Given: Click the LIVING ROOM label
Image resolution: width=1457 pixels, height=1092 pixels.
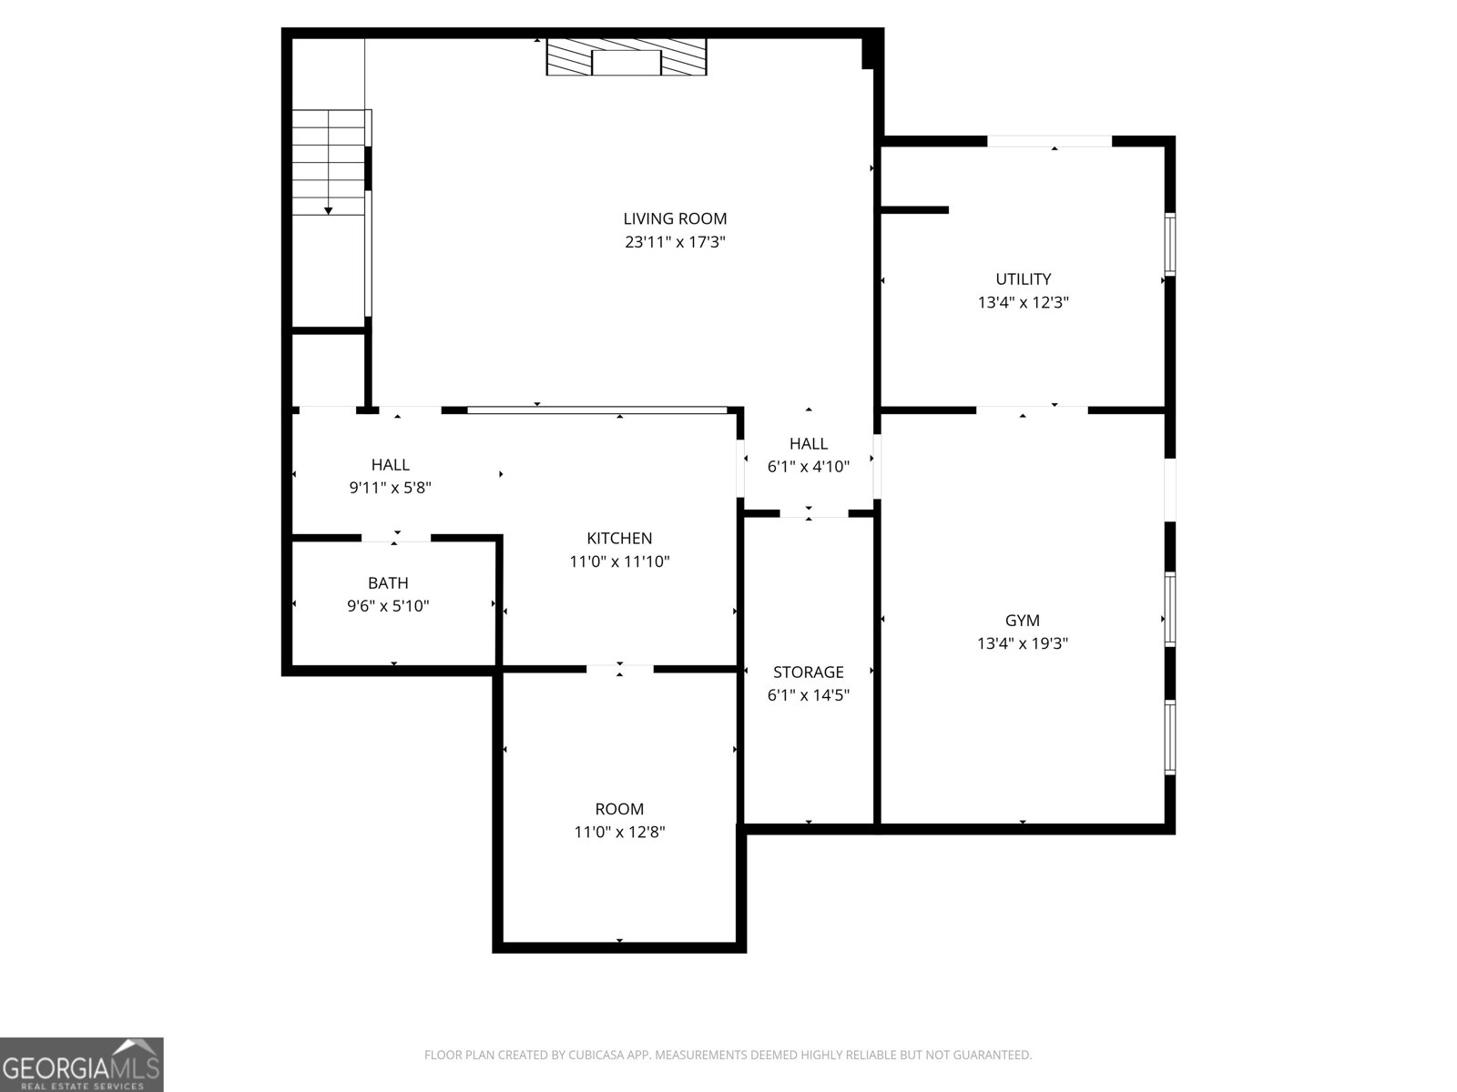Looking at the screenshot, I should pyautogui.click(x=675, y=218).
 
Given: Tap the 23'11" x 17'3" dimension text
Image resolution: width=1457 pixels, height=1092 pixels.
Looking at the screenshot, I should pyautogui.click(x=675, y=242).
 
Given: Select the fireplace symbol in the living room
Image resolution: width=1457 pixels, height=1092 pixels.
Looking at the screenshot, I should pyautogui.click(x=627, y=57).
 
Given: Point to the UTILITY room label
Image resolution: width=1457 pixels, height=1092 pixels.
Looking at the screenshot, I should pyautogui.click(x=1023, y=279).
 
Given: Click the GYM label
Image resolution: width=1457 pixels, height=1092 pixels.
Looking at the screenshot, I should pyautogui.click(x=1022, y=621).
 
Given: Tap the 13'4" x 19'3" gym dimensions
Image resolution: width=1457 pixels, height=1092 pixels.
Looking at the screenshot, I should pyautogui.click(x=1022, y=643).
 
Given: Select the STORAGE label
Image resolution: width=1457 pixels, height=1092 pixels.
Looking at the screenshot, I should pyautogui.click(x=808, y=672).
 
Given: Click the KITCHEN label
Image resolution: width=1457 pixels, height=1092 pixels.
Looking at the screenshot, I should pyautogui.click(x=619, y=539).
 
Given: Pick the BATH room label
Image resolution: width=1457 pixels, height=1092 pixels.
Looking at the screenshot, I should pyautogui.click(x=388, y=583).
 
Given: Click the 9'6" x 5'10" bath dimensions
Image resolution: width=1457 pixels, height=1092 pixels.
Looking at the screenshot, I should pyautogui.click(x=388, y=606).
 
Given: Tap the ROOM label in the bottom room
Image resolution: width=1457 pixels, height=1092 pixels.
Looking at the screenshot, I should pyautogui.click(x=619, y=809).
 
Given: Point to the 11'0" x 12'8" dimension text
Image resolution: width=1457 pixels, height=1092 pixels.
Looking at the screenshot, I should pyautogui.click(x=619, y=832).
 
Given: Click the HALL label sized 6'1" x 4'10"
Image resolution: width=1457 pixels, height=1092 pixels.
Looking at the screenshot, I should pyautogui.click(x=808, y=444).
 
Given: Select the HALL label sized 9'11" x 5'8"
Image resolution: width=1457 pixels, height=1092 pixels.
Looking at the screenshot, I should pyautogui.click(x=390, y=465).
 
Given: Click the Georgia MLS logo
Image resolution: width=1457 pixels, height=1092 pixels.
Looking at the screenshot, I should pyautogui.click(x=81, y=1064).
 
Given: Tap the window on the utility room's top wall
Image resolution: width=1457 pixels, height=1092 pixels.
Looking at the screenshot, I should pyautogui.click(x=1050, y=141).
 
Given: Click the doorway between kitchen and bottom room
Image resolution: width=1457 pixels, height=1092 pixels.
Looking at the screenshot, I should pyautogui.click(x=619, y=670).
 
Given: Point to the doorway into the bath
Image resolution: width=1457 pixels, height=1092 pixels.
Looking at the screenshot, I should pyautogui.click(x=396, y=538).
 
